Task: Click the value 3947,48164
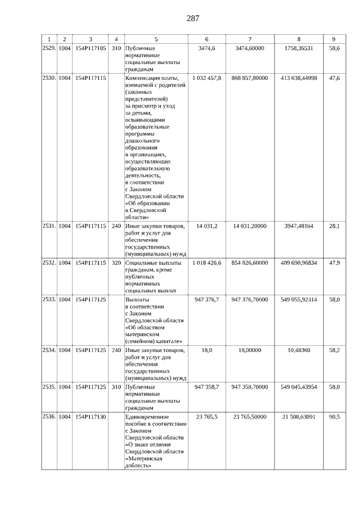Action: tap(298, 226)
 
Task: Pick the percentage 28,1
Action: tap(334, 226)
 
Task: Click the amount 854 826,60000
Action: tap(250, 263)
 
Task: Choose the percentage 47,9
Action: tap(334, 263)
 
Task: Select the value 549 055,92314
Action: tap(298, 299)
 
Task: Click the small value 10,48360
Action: tap(298, 350)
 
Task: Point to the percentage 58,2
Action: tap(334, 350)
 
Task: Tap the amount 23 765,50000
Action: tap(250, 417)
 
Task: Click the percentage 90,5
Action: tap(334, 417)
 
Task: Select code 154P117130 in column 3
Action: tap(90, 417)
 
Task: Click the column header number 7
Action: tap(250, 39)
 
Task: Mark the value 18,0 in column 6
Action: tap(206, 350)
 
